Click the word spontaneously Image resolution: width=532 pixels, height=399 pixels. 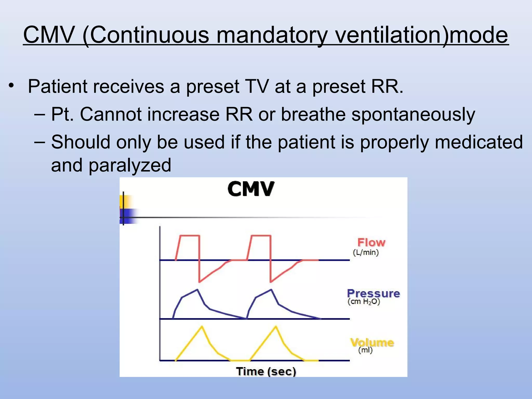click(x=413, y=115)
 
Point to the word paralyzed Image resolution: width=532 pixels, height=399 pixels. click(x=130, y=165)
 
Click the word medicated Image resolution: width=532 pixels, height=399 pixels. click(x=478, y=142)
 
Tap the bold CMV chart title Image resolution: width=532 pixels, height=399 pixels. click(x=251, y=189)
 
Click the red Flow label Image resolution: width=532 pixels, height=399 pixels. click(x=371, y=242)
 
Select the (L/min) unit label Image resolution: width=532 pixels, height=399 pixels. click(x=366, y=252)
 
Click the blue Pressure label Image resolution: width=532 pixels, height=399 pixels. click(x=374, y=293)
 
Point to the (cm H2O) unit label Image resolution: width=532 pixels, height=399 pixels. click(x=364, y=302)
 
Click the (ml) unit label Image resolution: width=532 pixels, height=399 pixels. click(x=365, y=350)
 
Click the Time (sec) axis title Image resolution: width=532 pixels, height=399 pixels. click(x=266, y=371)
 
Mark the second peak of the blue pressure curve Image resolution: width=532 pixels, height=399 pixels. click(x=271, y=289)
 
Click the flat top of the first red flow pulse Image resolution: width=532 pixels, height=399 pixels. click(x=190, y=236)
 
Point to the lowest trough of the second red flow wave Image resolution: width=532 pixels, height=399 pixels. click(x=271, y=282)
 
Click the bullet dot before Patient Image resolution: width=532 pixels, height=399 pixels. click(x=11, y=85)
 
